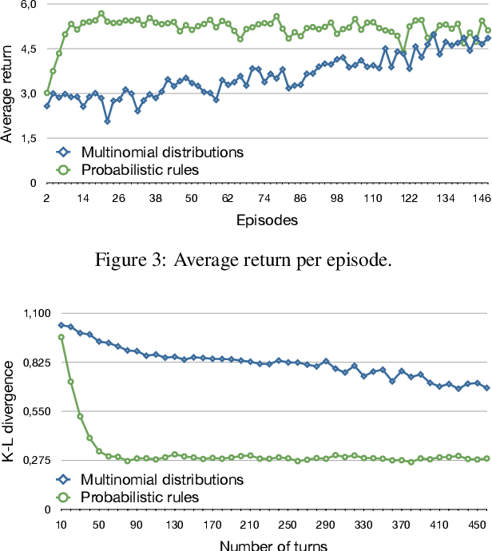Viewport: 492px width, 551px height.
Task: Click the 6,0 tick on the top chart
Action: coord(28,5)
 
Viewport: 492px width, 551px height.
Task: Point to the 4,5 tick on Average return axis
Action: coord(28,49)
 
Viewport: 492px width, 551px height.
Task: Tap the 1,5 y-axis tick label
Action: coord(28,138)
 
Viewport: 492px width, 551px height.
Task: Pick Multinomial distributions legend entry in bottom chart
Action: coord(161,480)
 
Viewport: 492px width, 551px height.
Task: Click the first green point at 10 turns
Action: coord(61,337)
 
